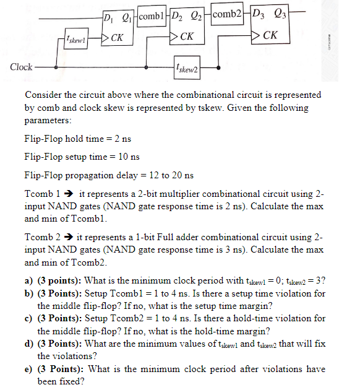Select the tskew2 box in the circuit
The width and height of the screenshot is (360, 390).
coord(186,66)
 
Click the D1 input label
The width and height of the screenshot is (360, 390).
coord(108,17)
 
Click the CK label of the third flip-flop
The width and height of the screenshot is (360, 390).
coord(270,35)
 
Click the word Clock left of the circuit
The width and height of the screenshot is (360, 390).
coord(22,66)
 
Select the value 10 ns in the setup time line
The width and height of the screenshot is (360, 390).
coord(127,157)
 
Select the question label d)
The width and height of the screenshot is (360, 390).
coord(28,344)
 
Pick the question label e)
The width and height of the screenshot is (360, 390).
coord(28,370)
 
